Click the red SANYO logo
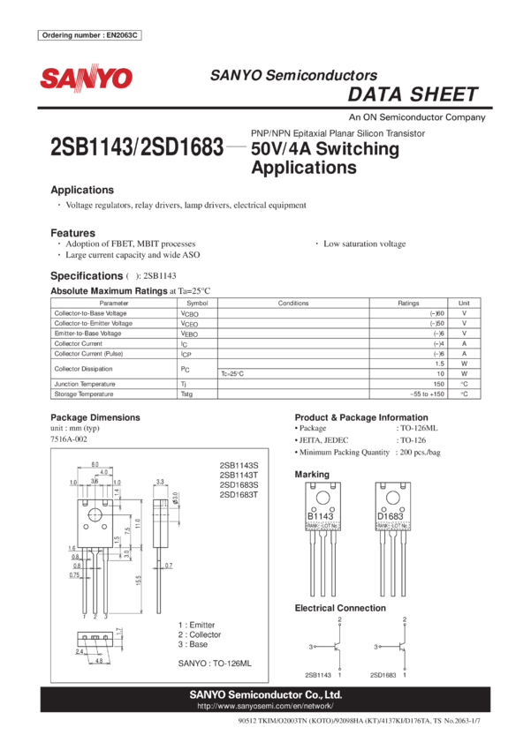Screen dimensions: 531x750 point(85,79)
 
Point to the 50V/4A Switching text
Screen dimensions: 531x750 point(325,149)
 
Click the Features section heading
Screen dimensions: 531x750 point(72,232)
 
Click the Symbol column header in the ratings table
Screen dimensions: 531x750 point(197,303)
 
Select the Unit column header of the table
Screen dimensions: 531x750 point(465,303)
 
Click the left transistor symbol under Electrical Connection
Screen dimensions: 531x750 point(337,647)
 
